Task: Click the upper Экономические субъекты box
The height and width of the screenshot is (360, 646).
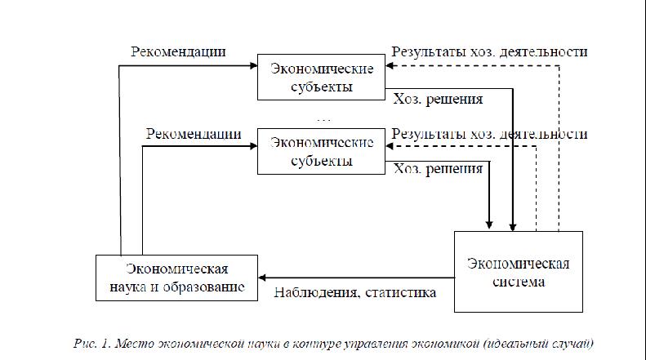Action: click(x=321, y=77)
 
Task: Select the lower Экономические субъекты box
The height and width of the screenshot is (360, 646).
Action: click(x=321, y=151)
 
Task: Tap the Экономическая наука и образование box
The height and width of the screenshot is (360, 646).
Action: click(x=176, y=278)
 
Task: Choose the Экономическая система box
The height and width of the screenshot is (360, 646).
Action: click(x=519, y=272)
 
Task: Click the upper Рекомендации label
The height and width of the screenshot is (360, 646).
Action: click(x=178, y=52)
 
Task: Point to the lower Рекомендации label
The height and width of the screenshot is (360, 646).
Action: click(x=194, y=134)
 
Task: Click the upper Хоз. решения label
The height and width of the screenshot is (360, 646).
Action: click(x=438, y=100)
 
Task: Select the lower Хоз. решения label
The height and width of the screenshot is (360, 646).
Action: click(x=438, y=169)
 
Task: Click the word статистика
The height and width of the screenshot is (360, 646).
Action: click(x=400, y=292)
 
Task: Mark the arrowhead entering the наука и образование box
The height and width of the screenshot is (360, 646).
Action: click(x=262, y=278)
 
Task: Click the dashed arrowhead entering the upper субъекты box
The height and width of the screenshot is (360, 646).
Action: click(x=390, y=65)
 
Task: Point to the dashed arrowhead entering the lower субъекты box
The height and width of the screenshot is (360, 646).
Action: click(x=390, y=146)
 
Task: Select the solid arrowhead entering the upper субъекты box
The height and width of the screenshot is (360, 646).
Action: click(x=254, y=65)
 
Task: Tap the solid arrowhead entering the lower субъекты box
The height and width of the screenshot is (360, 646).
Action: click(x=254, y=146)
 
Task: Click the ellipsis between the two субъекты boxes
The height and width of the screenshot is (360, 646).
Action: click(x=324, y=120)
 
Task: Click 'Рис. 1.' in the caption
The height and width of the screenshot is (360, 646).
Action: click(x=92, y=343)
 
